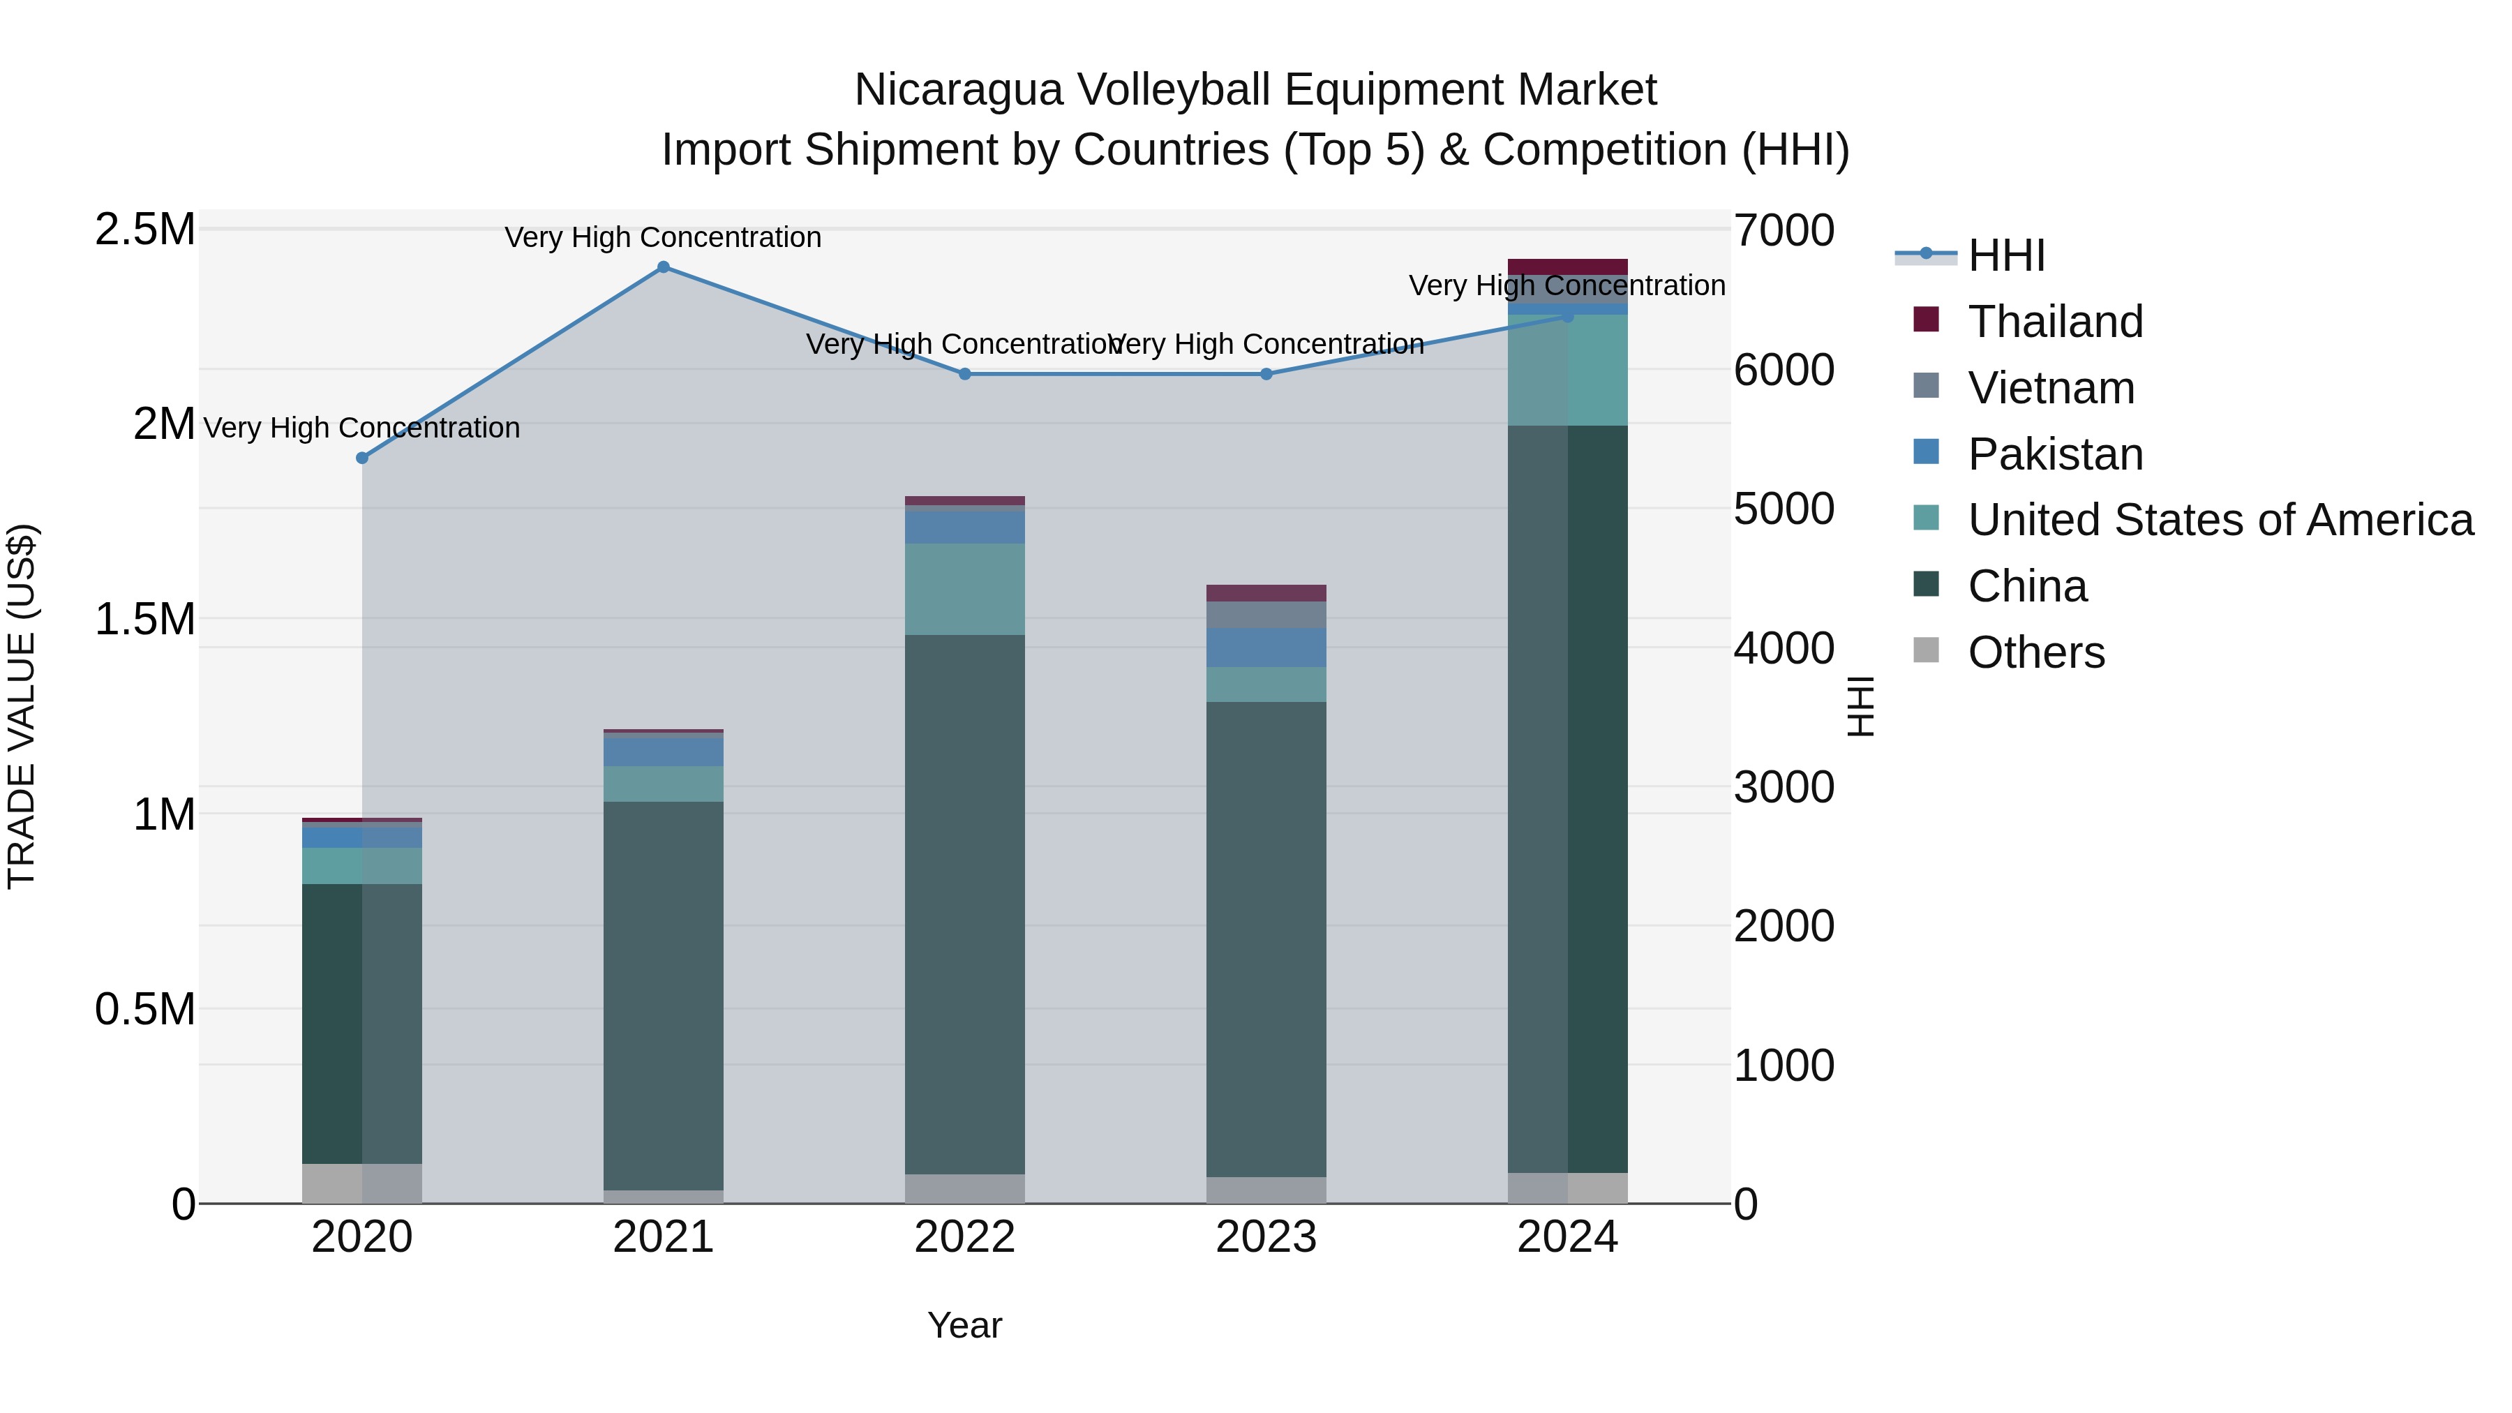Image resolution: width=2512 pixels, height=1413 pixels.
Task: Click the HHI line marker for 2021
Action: [x=663, y=267]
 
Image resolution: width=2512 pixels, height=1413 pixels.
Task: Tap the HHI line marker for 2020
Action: [x=361, y=457]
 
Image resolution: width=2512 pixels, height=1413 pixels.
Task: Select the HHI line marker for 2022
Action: [x=964, y=373]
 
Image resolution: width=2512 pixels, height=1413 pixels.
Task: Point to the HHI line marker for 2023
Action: [x=1266, y=373]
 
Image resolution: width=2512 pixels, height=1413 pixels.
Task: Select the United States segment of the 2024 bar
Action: [x=1567, y=370]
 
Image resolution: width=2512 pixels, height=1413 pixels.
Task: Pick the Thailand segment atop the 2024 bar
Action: [x=1567, y=267]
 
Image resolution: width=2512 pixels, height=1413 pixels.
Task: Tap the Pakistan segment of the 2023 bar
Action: [x=1266, y=648]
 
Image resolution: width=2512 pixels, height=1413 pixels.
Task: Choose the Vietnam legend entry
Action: [x=2051, y=388]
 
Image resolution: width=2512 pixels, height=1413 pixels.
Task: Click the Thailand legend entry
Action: [x=2055, y=322]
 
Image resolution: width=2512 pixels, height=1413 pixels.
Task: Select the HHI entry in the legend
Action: [x=2006, y=255]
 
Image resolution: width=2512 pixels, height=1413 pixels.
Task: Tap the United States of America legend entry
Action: [x=2220, y=520]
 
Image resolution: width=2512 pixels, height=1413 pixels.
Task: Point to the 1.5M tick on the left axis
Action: [x=145, y=619]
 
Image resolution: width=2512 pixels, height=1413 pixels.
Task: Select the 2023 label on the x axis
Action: [x=1266, y=1237]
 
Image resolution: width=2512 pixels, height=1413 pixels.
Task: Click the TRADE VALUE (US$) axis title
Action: [x=22, y=706]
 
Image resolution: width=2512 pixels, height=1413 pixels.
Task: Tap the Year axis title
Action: [x=964, y=1325]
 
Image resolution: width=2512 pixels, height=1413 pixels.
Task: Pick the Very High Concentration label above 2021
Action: [x=663, y=237]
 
